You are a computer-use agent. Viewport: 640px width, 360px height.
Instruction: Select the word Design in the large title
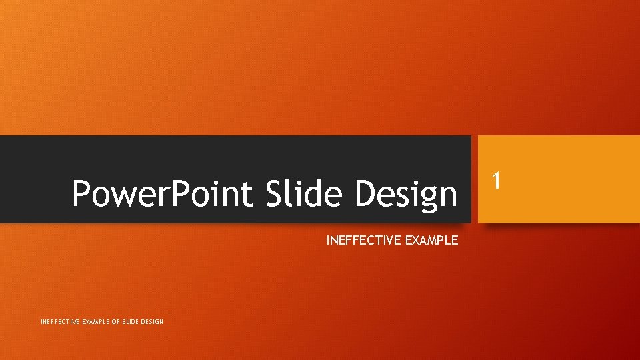406,194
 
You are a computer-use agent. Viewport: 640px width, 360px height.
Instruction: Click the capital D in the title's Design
366,194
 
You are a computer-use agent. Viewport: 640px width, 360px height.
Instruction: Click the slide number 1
495,179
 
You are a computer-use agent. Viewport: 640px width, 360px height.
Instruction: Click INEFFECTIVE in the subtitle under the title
364,241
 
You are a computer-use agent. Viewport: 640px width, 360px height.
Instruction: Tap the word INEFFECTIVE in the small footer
61,322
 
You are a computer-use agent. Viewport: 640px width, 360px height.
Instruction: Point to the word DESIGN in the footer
153,322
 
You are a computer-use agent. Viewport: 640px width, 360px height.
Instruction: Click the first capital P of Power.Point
81,194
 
